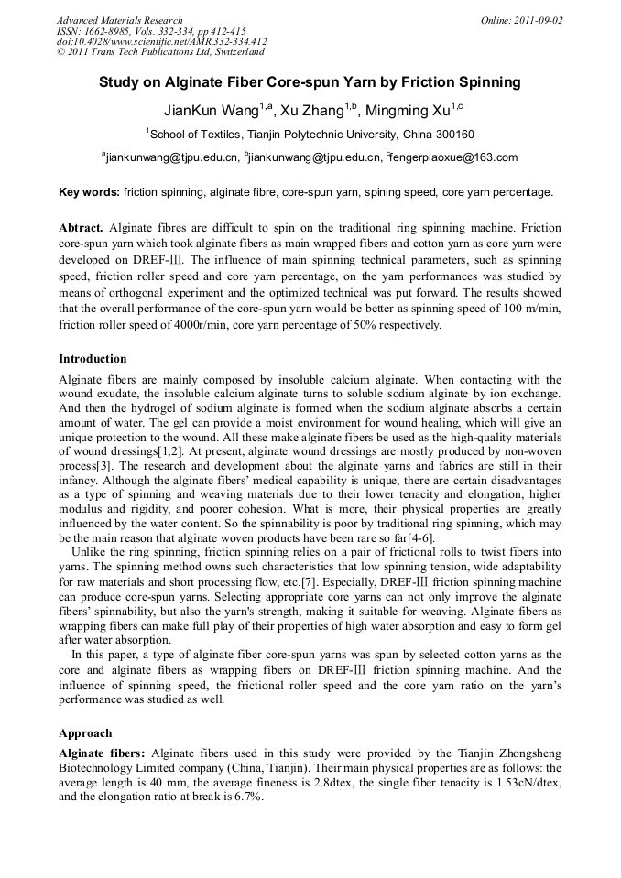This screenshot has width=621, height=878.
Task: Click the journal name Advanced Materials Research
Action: tap(119, 20)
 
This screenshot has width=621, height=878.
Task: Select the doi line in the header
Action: tap(161, 41)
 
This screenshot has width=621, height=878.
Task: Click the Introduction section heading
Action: tap(93, 359)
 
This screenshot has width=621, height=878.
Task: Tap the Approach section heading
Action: tap(85, 733)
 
